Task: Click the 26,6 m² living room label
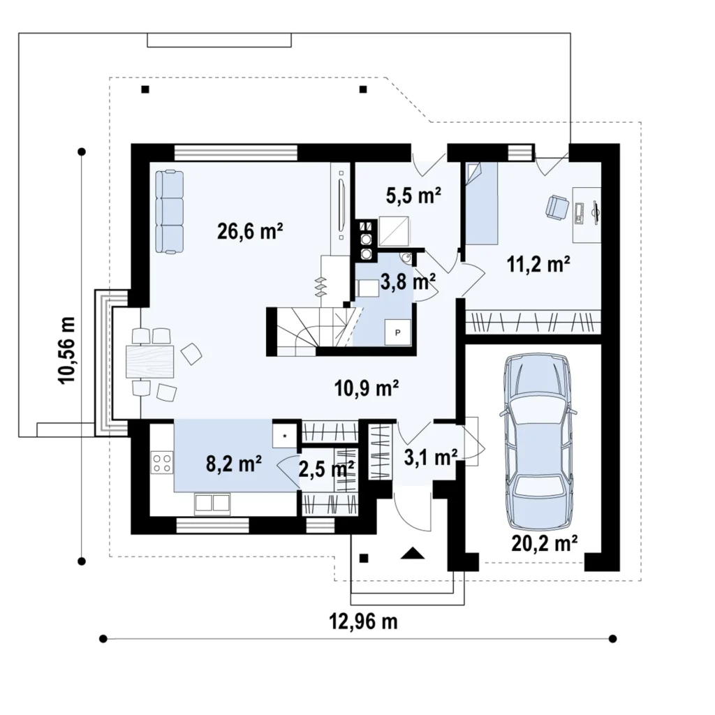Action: pos(250,231)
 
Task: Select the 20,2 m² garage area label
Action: pos(545,543)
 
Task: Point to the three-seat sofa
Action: pos(169,211)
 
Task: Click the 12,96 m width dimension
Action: pos(363,621)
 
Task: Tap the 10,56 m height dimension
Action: pos(66,351)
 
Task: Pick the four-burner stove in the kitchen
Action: pos(162,462)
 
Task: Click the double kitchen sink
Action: pos(212,503)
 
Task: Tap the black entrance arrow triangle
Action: pos(412,553)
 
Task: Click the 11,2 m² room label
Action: pos(538,264)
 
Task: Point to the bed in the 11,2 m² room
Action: pos(481,203)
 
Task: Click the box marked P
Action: pos(397,332)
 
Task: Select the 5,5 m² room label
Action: pos(413,196)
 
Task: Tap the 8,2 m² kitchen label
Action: pos(233,464)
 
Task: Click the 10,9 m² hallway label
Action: pos(367,388)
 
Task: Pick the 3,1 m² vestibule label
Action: pos(431,457)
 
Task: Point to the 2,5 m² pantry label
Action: pos(327,469)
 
